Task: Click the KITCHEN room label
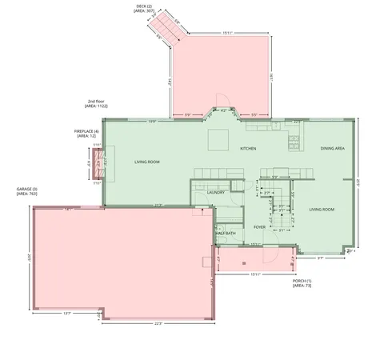point(248,149)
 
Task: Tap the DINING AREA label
point(333,149)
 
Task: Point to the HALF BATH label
point(226,233)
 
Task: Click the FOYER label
point(259,226)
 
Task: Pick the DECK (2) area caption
point(145,7)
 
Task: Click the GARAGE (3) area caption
point(27,191)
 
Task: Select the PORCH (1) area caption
point(302,284)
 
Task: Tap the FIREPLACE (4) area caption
point(86,134)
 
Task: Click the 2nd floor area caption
point(98,103)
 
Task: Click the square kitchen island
point(218,140)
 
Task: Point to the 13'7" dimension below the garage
point(67,313)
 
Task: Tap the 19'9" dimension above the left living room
point(152,122)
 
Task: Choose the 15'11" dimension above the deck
point(228,33)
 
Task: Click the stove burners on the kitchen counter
point(294,142)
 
